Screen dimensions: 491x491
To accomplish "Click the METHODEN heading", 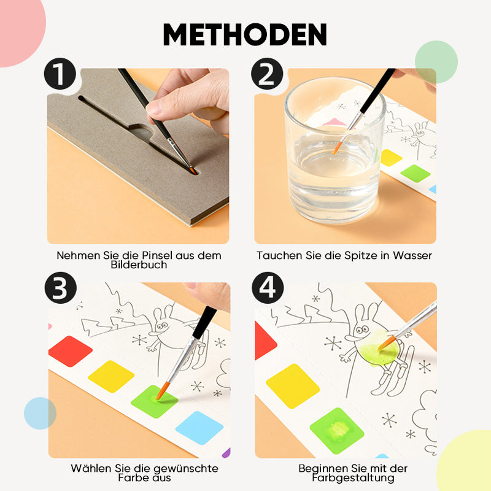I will click(x=245, y=35).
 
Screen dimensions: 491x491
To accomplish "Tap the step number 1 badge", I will click(x=60, y=75).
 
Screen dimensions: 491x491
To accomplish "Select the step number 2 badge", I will click(x=267, y=75).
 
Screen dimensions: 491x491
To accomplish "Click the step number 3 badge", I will click(x=60, y=289).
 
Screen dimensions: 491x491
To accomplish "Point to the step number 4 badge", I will click(x=267, y=289).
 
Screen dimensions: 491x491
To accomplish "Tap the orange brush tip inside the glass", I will click(x=337, y=148).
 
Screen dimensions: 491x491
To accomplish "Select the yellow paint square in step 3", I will click(x=111, y=376).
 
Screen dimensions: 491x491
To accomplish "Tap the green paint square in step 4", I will click(x=336, y=430).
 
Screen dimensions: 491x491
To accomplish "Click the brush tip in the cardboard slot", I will click(x=191, y=169).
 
